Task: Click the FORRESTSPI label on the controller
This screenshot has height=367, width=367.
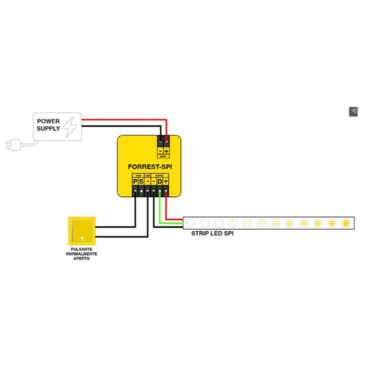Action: click(x=150, y=167)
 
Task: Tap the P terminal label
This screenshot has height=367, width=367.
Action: click(x=135, y=182)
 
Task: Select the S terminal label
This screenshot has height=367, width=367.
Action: click(x=141, y=182)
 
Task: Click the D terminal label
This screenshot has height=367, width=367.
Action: click(x=159, y=182)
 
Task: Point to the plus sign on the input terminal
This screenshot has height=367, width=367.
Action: click(x=166, y=151)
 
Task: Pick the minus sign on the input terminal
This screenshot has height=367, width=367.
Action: click(x=160, y=151)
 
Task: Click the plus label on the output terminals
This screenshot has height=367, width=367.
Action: click(x=165, y=182)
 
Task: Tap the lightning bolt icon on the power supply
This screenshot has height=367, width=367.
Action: click(x=70, y=126)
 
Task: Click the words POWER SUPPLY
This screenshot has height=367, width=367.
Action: click(x=48, y=125)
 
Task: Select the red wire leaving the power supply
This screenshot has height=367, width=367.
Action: click(x=122, y=120)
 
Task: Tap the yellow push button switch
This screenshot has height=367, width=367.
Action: click(x=82, y=231)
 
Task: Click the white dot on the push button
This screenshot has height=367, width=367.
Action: click(x=82, y=238)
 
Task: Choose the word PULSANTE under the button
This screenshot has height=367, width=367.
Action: click(x=81, y=249)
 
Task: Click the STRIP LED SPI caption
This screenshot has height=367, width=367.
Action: click(x=212, y=233)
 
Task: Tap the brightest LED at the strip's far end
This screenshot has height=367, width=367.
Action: click(x=346, y=223)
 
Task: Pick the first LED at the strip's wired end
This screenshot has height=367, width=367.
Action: click(x=191, y=223)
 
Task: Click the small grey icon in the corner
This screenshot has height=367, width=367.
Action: click(x=353, y=112)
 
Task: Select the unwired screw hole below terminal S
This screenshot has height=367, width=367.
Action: click(x=141, y=192)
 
